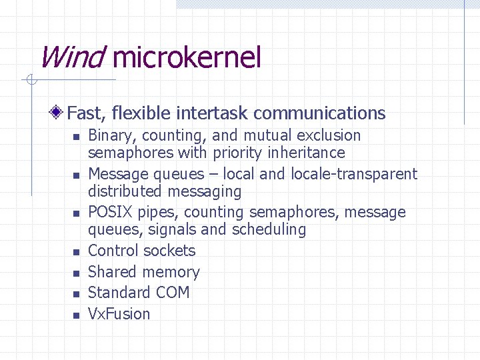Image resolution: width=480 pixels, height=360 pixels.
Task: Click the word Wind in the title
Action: (x=71, y=58)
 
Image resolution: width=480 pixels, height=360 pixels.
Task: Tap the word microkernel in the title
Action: (x=187, y=58)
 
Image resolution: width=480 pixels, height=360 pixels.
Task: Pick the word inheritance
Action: (x=306, y=153)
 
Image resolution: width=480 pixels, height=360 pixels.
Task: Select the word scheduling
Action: (x=269, y=230)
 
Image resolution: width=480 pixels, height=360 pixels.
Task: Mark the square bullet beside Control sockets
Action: (x=76, y=252)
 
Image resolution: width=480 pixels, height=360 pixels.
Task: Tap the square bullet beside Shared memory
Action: (x=76, y=273)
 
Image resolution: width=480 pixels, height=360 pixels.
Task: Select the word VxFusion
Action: (x=119, y=314)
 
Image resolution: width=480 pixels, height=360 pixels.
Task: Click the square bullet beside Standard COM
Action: (x=76, y=294)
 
